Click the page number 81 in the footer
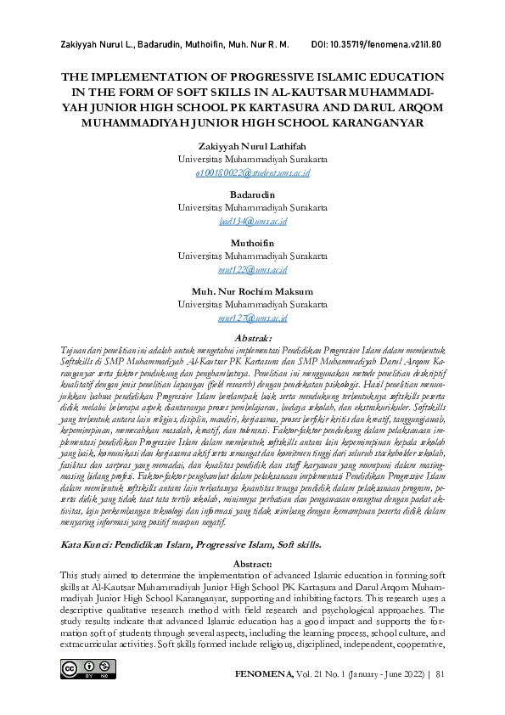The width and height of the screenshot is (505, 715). [x=440, y=675]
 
